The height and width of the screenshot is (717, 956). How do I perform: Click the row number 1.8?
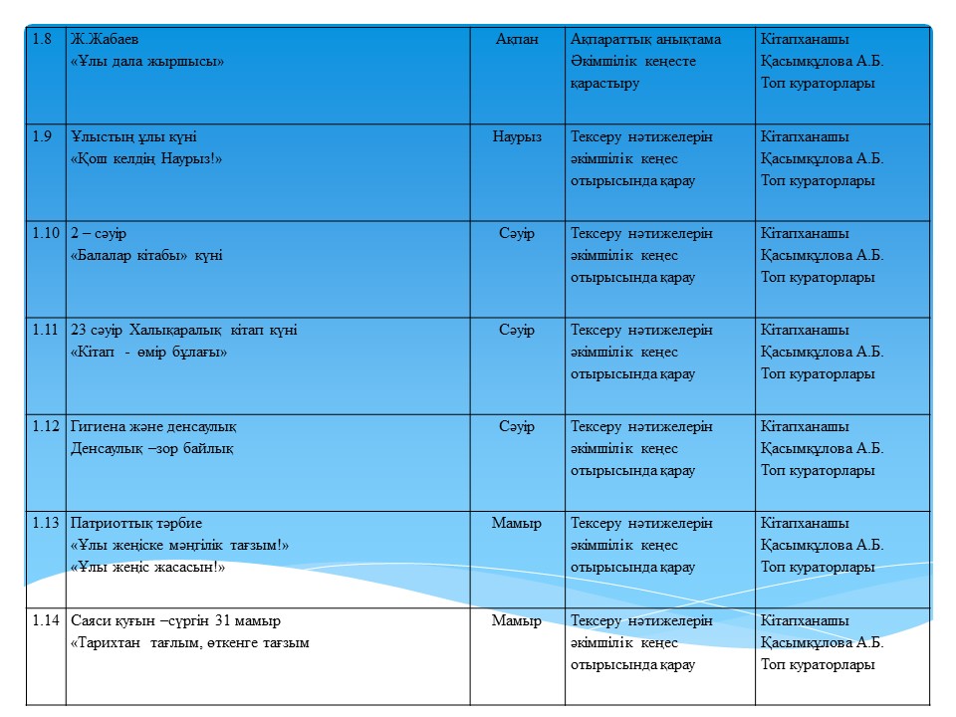[42, 39]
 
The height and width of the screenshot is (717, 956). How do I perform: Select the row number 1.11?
[44, 330]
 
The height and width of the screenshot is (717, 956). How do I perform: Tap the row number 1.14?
[46, 620]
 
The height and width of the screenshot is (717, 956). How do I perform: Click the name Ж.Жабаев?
[105, 39]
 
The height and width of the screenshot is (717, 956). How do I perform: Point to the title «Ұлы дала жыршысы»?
[147, 61]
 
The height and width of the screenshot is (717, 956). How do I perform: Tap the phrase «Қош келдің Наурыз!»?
[145, 158]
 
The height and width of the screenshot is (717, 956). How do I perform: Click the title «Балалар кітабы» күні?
[146, 255]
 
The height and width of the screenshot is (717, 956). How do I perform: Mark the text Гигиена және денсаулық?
[153, 426]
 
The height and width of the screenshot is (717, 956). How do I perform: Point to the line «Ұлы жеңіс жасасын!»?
[147, 568]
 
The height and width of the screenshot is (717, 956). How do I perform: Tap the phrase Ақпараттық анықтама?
[659, 39]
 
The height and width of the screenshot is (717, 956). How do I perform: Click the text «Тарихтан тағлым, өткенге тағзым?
[189, 642]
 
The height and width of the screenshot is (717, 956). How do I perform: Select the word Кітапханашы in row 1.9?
[805, 136]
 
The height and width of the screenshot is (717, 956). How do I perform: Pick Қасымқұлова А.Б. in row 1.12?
[822, 448]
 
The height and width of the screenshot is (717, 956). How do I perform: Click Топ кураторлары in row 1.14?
[818, 664]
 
